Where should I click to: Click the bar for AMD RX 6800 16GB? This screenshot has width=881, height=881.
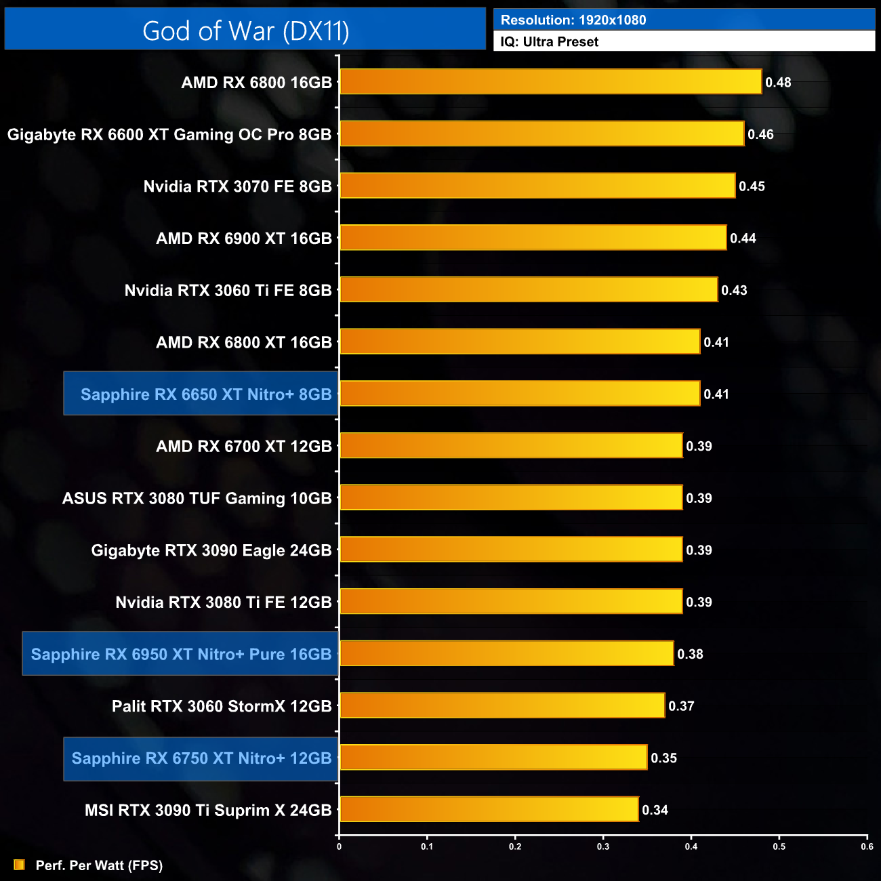point(550,82)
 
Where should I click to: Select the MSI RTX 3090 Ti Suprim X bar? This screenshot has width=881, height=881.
point(489,809)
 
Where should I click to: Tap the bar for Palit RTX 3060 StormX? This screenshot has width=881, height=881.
point(501,705)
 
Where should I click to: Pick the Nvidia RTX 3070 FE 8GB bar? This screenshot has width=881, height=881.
point(537,186)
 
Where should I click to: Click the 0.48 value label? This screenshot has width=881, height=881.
point(778,83)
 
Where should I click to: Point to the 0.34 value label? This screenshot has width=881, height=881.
point(655,810)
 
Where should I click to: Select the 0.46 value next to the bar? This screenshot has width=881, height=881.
point(760,134)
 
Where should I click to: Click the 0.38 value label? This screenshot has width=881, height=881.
point(690,654)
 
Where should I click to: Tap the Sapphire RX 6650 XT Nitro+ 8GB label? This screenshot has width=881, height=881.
point(206,394)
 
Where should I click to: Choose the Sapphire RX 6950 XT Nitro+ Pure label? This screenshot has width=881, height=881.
point(181,654)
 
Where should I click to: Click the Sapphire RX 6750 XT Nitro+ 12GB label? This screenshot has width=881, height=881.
point(201,758)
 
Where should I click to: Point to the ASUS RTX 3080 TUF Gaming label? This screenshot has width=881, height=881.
point(197,499)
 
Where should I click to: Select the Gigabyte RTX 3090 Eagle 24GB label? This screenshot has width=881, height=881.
point(211,550)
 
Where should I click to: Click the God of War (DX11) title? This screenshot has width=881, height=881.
point(245,30)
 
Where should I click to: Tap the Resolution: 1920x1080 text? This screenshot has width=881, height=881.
point(573,20)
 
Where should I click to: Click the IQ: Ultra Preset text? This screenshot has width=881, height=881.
point(550,42)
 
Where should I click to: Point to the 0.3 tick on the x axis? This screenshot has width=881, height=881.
point(603,846)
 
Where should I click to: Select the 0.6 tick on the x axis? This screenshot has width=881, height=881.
point(867,846)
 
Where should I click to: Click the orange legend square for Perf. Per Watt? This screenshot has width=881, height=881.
point(19,865)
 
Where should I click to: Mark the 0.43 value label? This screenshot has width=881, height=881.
point(734,290)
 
